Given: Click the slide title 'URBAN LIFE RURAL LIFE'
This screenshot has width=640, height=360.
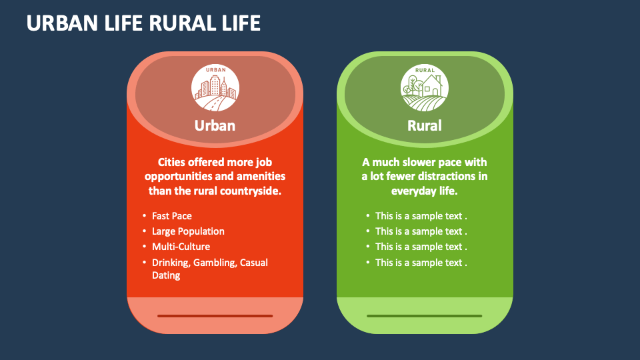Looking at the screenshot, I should [x=143, y=23].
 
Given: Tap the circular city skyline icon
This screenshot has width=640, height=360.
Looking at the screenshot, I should [x=215, y=87].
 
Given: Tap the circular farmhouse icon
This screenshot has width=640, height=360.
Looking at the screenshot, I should [x=425, y=87].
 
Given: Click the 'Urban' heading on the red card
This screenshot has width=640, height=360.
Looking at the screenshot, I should [x=215, y=125].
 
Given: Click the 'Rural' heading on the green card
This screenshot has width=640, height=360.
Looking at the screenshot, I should [x=425, y=125].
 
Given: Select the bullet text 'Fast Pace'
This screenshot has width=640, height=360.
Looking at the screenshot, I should [x=172, y=216].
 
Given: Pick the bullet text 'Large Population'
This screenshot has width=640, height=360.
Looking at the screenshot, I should [x=188, y=231].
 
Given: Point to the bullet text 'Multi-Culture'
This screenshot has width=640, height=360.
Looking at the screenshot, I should [x=181, y=247].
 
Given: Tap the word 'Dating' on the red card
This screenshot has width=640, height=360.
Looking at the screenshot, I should [x=166, y=275].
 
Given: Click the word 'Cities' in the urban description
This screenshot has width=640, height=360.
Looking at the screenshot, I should [x=175, y=162].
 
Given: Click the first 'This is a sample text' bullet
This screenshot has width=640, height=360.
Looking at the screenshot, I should [x=421, y=216].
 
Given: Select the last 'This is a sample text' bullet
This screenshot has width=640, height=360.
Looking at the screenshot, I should [x=421, y=263].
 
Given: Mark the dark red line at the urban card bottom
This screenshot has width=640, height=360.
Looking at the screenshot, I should [x=215, y=316].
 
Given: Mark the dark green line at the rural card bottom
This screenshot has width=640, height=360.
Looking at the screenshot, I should [x=425, y=316].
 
